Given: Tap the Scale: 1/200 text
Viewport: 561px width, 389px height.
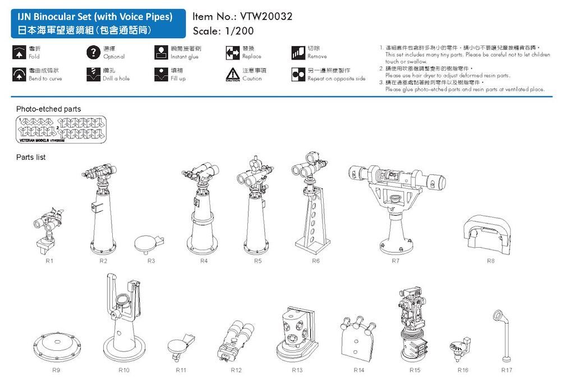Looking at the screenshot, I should tap(223, 31).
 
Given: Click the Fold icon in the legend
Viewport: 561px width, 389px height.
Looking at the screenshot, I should tap(19, 53).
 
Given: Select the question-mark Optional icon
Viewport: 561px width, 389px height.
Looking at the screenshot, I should tap(93, 53).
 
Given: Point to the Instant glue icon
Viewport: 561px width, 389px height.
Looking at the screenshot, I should tap(161, 53).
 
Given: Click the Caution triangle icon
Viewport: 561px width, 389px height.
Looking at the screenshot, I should tap(232, 75).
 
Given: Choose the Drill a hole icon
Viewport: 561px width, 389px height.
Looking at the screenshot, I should tap(93, 75).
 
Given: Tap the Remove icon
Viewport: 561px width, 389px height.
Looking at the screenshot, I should tap(297, 53).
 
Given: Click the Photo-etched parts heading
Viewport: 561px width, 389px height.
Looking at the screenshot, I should tap(48, 108).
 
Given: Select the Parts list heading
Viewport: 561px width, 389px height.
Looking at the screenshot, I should tap(31, 158).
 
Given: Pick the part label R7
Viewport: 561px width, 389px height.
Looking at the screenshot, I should tap(396, 261).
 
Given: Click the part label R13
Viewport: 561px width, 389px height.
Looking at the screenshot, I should tap(297, 371).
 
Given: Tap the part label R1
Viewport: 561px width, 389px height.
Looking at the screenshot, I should tap(49, 261).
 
